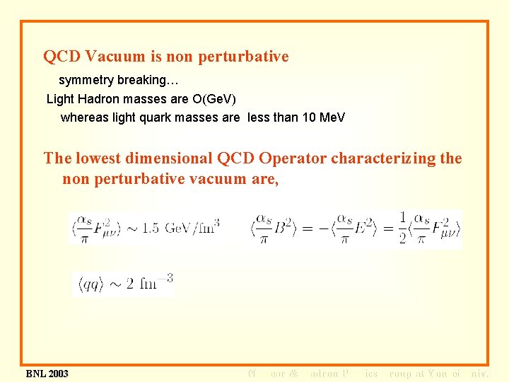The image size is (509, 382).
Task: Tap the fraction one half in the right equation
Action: [403, 228]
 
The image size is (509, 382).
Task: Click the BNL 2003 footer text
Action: [47, 373]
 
